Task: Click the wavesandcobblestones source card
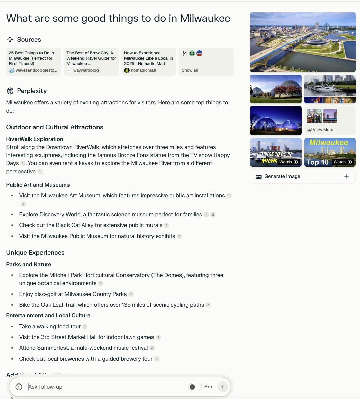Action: point(34,61)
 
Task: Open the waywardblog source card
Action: point(91,61)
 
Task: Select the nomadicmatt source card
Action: point(148,61)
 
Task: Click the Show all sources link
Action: point(190,70)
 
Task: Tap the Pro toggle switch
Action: point(195,387)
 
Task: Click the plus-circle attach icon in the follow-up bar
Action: point(19,387)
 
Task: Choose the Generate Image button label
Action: point(282,176)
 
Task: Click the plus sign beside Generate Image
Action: point(346,176)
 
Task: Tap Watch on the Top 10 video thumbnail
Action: point(342,162)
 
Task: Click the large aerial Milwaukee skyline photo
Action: point(303,42)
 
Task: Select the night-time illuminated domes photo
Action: point(276,121)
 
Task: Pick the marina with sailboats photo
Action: point(330,86)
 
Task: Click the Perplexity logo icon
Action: point(10,91)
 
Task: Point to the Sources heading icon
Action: point(10,39)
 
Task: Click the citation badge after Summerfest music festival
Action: point(152,348)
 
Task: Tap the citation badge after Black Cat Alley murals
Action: point(166,225)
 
